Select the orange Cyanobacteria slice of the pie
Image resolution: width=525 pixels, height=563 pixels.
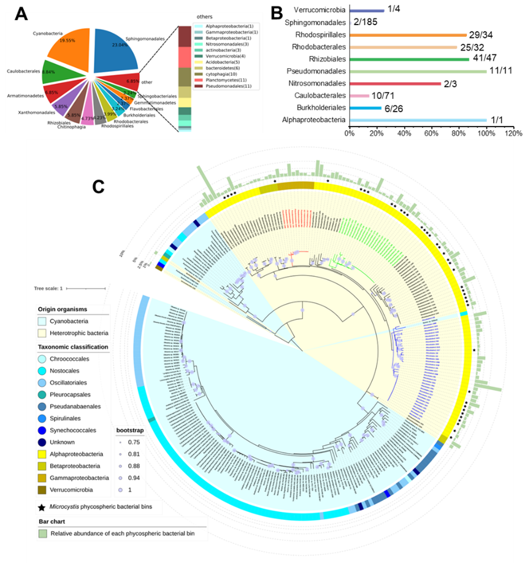pos(69,44)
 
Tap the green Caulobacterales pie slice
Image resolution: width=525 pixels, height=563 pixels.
pos(54,72)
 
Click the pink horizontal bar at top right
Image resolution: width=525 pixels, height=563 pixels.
pos(359,96)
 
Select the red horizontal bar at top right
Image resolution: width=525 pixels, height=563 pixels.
pos(395,83)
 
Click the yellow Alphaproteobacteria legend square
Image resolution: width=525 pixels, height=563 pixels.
pos(42,454)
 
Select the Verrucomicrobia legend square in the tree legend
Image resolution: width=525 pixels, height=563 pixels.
pos(42,489)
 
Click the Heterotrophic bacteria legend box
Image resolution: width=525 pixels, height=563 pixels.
pos(42,332)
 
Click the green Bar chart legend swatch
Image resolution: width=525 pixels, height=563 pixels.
pos(42,534)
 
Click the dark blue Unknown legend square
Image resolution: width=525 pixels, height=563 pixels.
pos(42,441)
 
